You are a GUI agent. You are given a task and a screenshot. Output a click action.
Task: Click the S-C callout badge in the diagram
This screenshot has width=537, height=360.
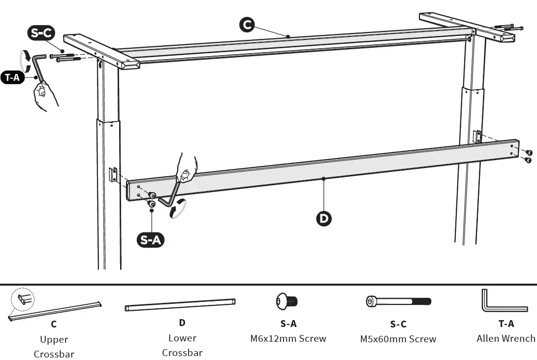(41, 34)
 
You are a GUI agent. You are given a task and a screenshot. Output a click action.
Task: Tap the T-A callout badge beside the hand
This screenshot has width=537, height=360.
(13, 77)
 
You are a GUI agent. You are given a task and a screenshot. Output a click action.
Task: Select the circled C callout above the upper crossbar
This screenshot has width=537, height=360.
(247, 25)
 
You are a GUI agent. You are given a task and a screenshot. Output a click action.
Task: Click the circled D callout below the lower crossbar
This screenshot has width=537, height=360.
(323, 218)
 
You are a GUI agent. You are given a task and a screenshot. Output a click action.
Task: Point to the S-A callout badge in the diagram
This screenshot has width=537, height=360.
(150, 240)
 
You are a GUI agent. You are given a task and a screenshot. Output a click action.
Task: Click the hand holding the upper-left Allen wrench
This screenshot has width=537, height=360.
(46, 95)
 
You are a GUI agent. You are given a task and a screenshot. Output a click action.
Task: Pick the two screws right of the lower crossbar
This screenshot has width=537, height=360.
(528, 156)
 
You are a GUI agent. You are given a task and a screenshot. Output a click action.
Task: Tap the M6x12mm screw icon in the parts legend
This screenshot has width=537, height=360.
(287, 301)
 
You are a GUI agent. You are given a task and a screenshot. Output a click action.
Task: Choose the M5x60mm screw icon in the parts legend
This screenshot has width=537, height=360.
(398, 301)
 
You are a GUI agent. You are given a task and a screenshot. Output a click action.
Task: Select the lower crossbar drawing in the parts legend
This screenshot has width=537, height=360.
(180, 304)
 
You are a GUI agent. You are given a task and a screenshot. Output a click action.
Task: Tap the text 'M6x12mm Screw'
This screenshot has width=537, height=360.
(288, 338)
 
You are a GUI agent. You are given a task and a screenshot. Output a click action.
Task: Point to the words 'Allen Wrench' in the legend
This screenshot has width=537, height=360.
(505, 338)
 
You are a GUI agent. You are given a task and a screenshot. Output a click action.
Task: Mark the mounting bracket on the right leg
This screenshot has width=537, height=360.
(476, 137)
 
